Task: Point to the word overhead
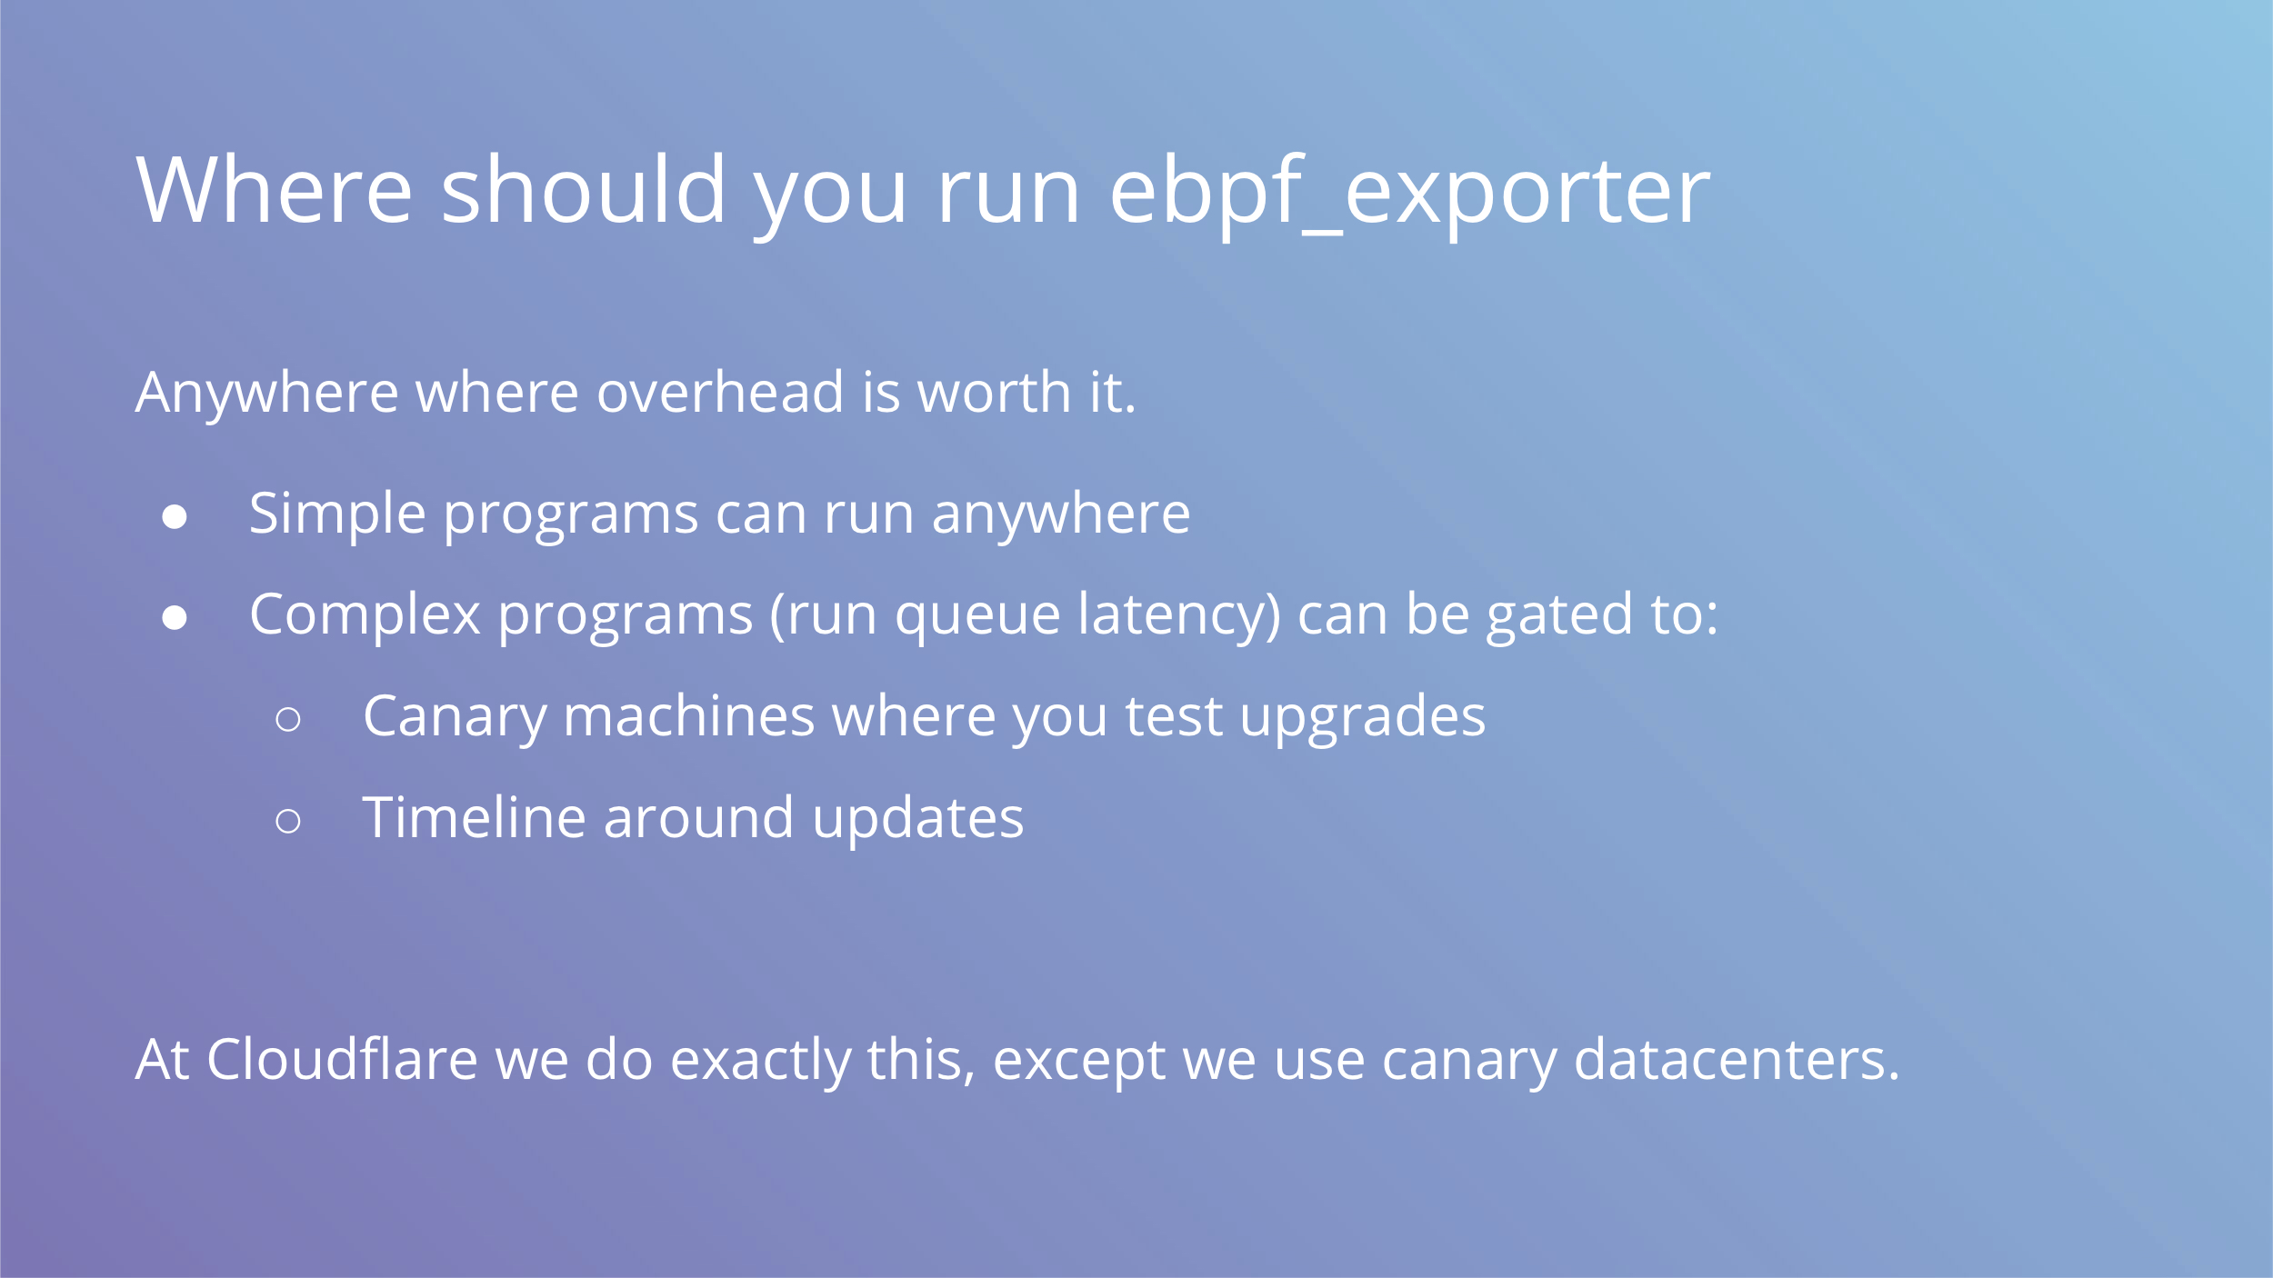[720, 393]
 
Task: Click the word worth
[995, 393]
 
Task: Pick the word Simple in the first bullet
[337, 515]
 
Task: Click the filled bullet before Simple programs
[175, 517]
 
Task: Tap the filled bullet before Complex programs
[175, 618]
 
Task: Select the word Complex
[365, 615]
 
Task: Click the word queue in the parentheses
[977, 618]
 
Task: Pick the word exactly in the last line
[760, 1062]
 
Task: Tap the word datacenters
[1737, 1060]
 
